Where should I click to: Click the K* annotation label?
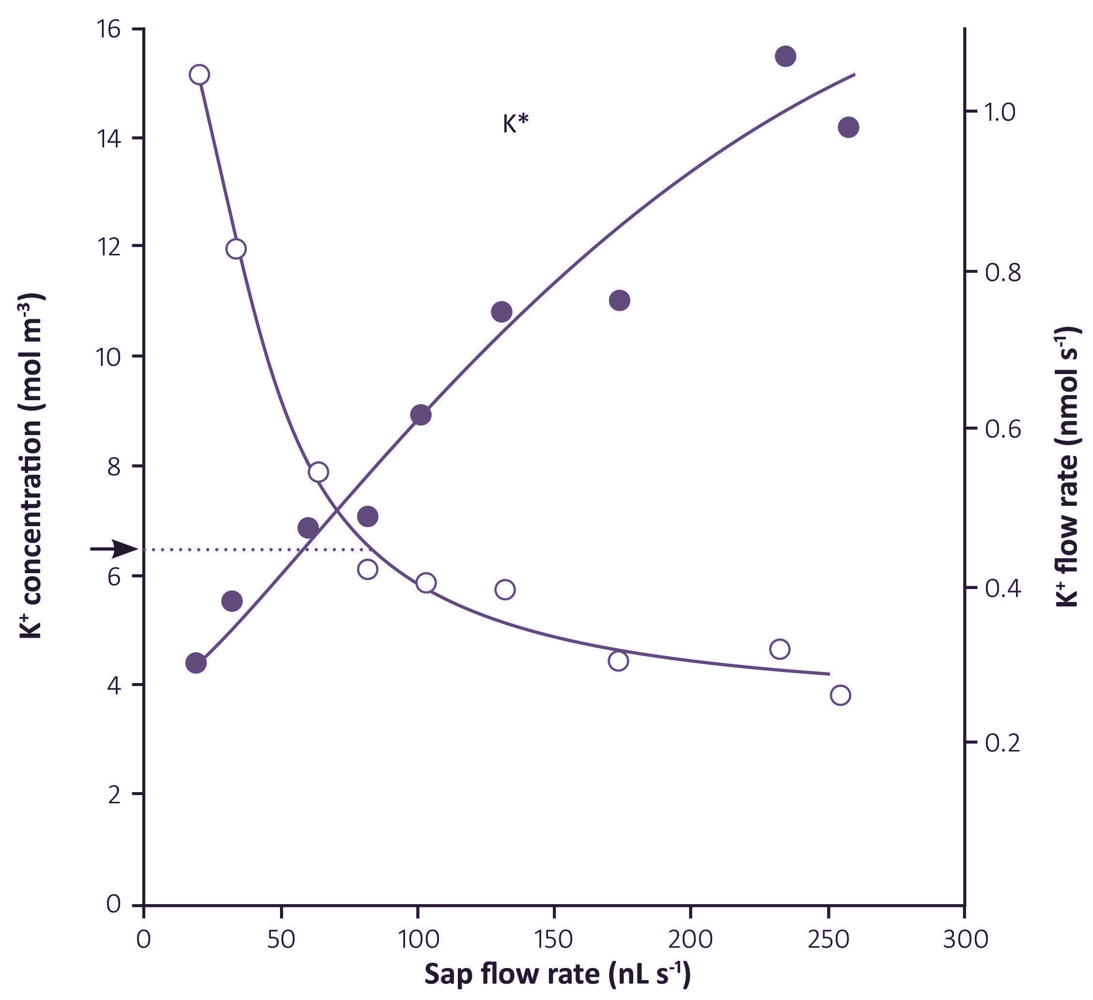515,124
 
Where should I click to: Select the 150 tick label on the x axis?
554,939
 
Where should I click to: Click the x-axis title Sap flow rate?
557,974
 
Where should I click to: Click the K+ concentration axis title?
31,467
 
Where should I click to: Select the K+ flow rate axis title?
1066,467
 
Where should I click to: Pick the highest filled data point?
785,56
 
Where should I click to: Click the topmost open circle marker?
200,74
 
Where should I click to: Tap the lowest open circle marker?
840,695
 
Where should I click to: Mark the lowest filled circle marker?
196,663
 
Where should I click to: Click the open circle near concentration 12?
236,249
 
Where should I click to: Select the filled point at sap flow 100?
421,415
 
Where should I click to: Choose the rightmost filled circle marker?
848,127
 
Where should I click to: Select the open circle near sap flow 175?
618,660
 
